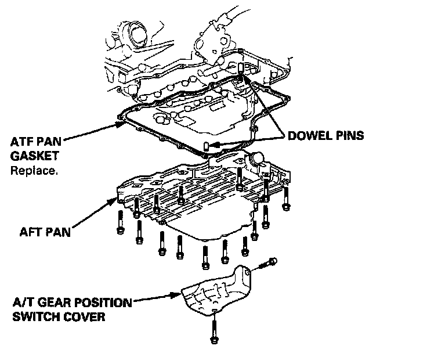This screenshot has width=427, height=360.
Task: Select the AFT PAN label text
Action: point(44,232)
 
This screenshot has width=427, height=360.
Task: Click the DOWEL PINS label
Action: point(325,136)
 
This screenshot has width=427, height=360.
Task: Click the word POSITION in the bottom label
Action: point(100,304)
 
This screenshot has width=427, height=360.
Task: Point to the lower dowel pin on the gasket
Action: point(206,145)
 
